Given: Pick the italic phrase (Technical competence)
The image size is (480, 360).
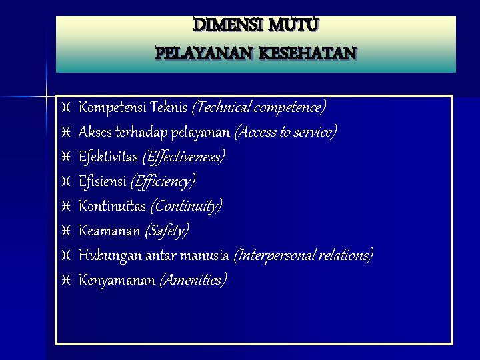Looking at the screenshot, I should pos(259,107).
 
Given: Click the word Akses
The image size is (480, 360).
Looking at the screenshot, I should pos(95,131).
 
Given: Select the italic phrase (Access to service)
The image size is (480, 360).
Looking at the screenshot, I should pos(285,131).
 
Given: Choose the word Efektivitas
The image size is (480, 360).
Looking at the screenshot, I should pos(107,157).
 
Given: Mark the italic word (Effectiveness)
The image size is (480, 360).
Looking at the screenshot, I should pos(183,157).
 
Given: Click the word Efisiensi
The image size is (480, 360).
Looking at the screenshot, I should pos(102,181).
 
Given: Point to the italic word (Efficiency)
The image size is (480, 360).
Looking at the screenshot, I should pos(163,181).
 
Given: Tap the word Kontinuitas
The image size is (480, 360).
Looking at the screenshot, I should pos(112,206).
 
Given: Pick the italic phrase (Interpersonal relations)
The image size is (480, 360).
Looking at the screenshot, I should pos(303,255).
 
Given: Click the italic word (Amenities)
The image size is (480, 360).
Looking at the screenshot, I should pos(193,280).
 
